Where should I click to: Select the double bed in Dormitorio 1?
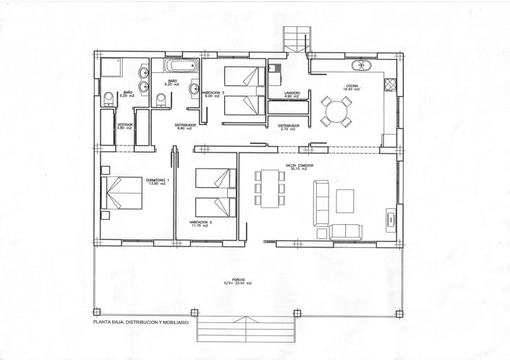point(119,194)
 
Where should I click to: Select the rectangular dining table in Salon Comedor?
point(268,186)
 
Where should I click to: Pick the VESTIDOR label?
point(125,124)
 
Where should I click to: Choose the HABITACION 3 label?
point(212,93)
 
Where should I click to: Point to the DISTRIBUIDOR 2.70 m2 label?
point(289,126)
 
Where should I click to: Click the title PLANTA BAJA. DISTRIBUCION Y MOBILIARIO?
point(140,322)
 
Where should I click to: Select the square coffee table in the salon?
point(345,197)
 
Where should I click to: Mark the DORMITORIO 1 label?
point(157,181)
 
